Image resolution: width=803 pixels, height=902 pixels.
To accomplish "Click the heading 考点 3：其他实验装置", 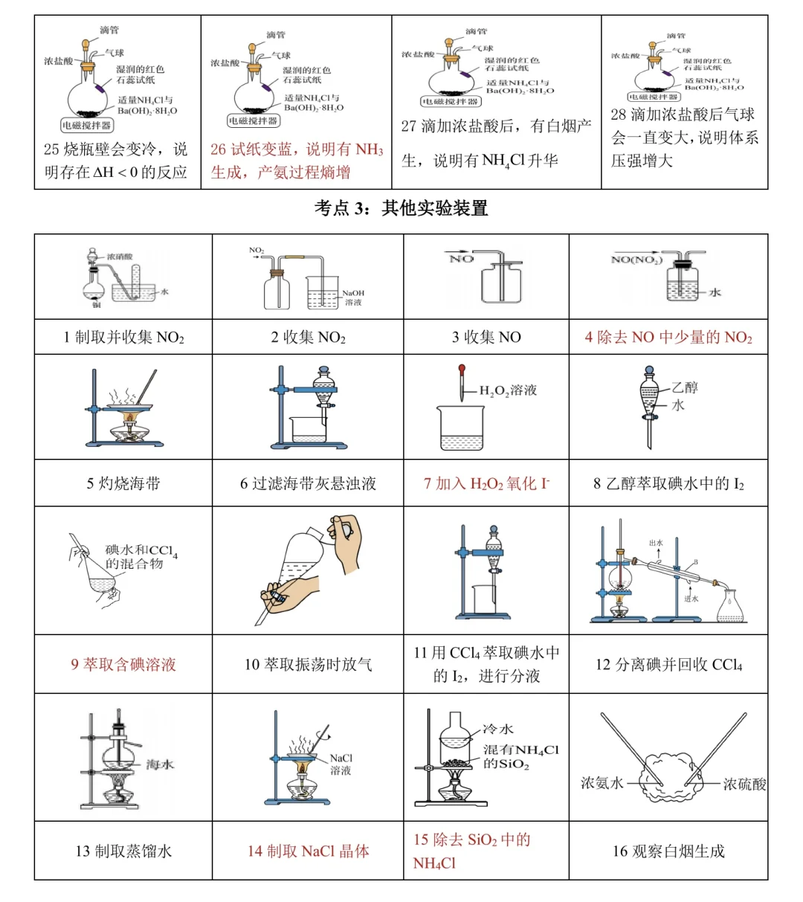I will coord(401,208).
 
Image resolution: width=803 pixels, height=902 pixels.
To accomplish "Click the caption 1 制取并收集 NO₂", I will coord(123,338).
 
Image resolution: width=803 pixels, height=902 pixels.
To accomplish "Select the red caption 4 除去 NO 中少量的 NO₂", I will coord(668,338).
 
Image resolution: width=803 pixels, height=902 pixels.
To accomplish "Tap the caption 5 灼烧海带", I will coord(123,483).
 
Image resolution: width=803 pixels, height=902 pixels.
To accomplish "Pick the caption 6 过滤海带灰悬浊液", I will coord(308,483).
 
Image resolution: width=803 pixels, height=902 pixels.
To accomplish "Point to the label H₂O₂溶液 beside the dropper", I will coord(508,390).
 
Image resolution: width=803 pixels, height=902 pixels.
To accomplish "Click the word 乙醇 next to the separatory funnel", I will coord(685,387).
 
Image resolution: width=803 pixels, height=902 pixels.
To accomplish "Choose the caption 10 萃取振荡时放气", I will coord(308,665).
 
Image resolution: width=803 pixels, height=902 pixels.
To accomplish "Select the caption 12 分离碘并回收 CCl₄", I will coord(668,665).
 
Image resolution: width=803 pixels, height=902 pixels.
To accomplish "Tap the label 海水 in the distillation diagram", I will coord(159,764).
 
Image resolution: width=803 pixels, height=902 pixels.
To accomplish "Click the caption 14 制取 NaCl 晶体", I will coord(308,851).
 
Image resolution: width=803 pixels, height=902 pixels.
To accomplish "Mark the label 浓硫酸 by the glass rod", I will coord(744,784).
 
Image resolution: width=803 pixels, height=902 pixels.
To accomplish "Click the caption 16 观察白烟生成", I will coord(668,851).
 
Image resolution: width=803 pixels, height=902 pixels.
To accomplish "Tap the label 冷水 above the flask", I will coord(498,729).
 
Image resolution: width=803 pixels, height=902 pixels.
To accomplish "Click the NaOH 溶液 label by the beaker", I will coord(353,297).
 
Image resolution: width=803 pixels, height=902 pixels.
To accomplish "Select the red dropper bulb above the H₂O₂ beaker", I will coord(462,368).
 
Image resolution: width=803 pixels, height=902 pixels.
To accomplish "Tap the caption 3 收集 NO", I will coord(486,338).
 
